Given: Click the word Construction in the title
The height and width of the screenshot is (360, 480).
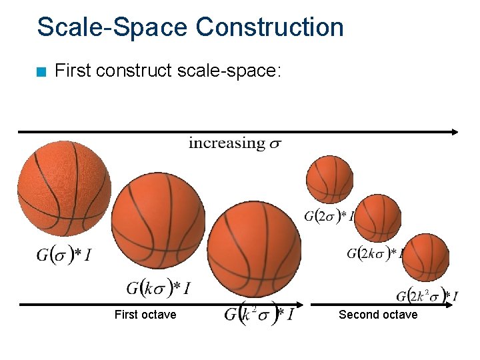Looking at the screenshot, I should click(x=269, y=27).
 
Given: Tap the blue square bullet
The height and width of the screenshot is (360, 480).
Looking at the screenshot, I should click(x=41, y=71).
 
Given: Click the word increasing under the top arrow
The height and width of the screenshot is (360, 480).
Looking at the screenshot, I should click(x=226, y=143).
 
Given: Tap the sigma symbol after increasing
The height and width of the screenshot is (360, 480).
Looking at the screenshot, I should click(x=274, y=144).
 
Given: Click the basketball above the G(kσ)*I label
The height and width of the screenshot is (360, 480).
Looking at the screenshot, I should click(x=159, y=221).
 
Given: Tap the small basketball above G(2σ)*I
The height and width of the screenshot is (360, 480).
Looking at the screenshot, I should click(x=329, y=178).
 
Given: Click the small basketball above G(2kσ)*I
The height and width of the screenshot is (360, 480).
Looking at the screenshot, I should click(x=377, y=217).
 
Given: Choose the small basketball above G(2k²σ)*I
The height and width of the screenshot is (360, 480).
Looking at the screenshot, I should click(x=425, y=257).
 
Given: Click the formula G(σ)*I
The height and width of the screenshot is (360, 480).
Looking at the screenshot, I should click(x=63, y=254).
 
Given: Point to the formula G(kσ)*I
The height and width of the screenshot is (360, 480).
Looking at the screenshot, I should click(x=159, y=287).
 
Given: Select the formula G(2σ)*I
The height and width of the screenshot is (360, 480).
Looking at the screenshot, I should click(x=329, y=215).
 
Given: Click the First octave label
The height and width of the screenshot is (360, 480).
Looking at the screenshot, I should click(x=145, y=315).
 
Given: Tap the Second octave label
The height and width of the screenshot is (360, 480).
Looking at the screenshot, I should click(x=378, y=315).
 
